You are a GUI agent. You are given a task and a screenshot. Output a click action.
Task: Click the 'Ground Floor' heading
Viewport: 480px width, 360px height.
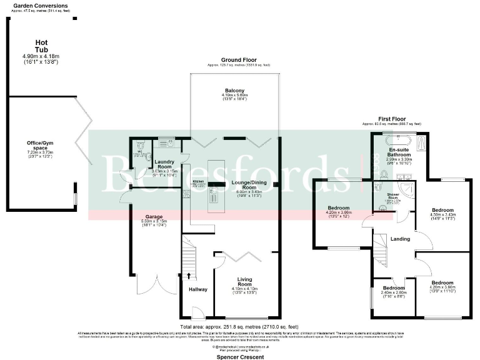pos(239,60)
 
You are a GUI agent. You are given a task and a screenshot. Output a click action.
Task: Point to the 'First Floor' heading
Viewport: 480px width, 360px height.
pos(391,119)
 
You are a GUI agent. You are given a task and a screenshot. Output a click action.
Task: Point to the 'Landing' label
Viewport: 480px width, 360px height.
pos(400,239)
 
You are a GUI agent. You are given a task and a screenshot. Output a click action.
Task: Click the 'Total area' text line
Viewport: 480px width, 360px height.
pos(239,327)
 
